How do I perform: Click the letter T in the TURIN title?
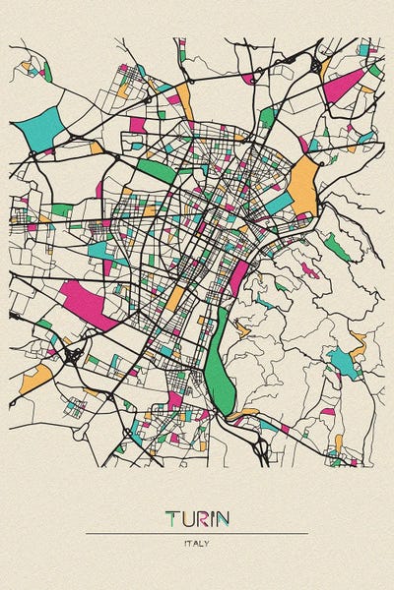point(171,517)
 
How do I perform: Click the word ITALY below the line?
point(196,543)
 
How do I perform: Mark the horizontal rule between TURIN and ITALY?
point(196,533)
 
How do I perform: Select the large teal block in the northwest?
point(41,128)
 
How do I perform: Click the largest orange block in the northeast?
point(304,186)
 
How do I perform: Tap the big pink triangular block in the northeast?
point(342,87)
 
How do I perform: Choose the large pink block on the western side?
point(89,304)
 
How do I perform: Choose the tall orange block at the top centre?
point(184,101)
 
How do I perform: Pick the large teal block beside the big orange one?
point(280,203)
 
